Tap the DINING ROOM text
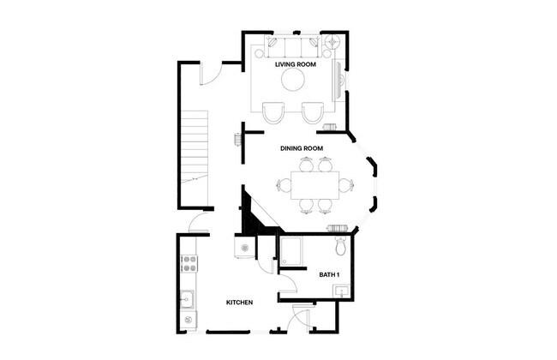(302, 148)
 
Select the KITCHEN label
(239, 303)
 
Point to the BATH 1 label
(330, 274)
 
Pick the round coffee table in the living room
(293, 80)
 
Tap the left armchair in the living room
(273, 111)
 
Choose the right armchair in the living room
(311, 111)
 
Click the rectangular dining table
(314, 183)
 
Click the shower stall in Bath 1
(290, 253)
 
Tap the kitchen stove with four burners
(188, 263)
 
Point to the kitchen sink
(188, 300)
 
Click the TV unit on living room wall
(339, 81)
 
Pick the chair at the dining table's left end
(282, 183)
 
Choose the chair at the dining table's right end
(346, 183)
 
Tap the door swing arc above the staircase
(212, 75)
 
